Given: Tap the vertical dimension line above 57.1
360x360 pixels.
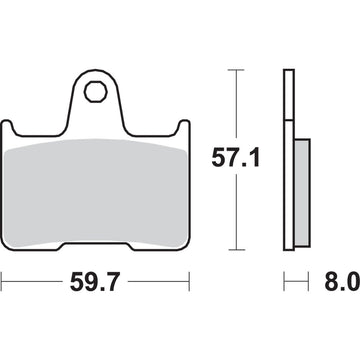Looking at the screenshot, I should click(236, 105).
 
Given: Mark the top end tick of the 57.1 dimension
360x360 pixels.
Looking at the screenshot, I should click(236, 70).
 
